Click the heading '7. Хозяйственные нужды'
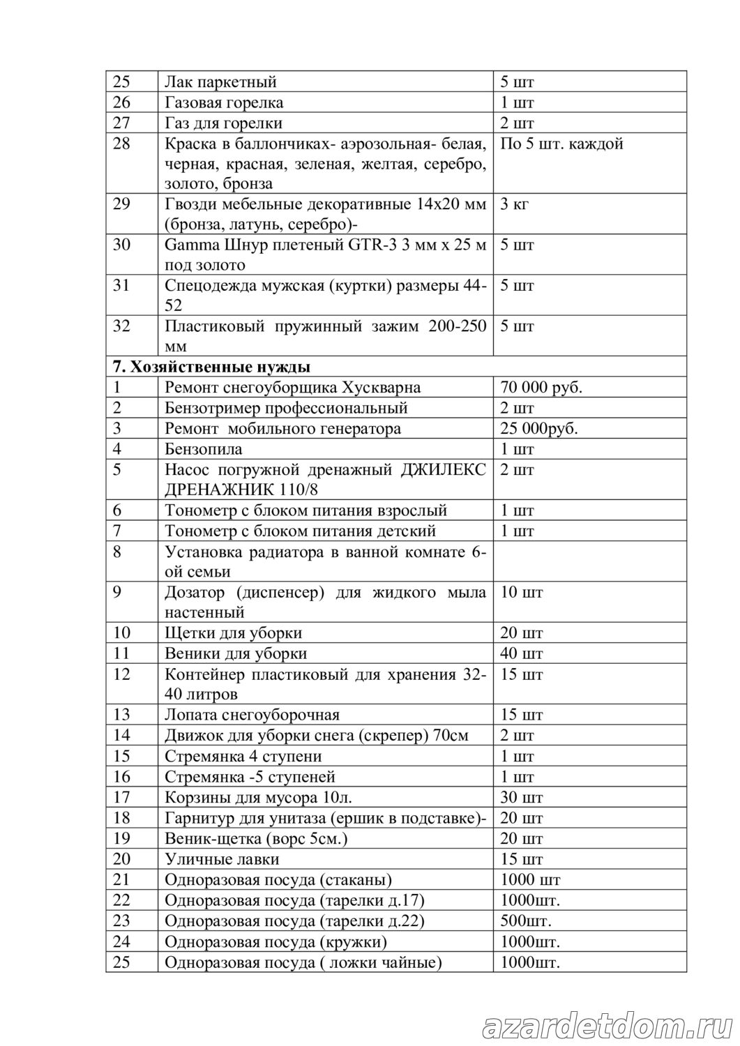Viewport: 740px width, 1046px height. tap(212, 367)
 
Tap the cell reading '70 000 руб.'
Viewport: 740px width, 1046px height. tap(541, 388)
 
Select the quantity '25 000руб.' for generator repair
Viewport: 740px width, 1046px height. tap(538, 428)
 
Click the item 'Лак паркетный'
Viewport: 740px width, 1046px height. tap(221, 82)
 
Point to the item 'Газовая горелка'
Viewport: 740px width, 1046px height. tap(224, 103)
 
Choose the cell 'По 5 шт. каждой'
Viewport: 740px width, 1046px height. tap(561, 144)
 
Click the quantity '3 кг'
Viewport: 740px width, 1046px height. tap(515, 205)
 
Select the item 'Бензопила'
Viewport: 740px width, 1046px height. tap(204, 449)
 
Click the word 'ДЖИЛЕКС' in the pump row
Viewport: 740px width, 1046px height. tap(444, 469)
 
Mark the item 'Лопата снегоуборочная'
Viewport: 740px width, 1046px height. tap(252, 715)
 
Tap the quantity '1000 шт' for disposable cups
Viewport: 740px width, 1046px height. tap(530, 879)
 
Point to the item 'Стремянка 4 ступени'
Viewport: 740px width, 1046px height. tap(243, 756)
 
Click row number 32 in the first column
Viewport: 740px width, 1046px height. tap(122, 326)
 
